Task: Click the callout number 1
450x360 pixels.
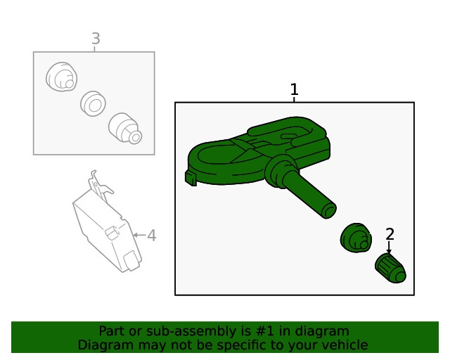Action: [294, 89]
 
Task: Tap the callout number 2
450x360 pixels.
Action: [390, 234]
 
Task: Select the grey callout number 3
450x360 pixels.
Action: [96, 39]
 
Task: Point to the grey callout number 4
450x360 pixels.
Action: [152, 236]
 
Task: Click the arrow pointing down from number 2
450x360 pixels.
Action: [389, 247]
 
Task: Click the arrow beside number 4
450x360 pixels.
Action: [139, 235]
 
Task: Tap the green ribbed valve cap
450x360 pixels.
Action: [390, 269]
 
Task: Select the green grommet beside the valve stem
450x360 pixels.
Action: [356, 238]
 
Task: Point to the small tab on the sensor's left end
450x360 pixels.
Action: [191, 178]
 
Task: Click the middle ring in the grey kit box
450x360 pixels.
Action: [93, 103]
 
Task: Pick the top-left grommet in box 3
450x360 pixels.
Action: [61, 77]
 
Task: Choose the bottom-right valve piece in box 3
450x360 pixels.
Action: [125, 128]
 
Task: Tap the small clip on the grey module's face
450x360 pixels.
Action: [112, 232]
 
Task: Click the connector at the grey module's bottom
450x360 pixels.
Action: [132, 261]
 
